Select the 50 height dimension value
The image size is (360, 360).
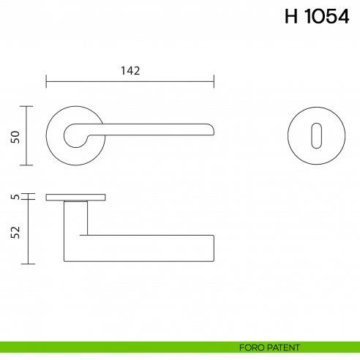pos(15,137)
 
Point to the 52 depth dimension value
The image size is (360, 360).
pos(15,233)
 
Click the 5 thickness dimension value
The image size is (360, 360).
pos(15,197)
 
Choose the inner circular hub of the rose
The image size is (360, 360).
pos(75,135)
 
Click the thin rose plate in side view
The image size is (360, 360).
pos(75,198)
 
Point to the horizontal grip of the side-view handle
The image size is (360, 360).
pos(146,249)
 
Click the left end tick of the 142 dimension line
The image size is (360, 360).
pos(46,80)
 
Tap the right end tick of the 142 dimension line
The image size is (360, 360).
pos(214,80)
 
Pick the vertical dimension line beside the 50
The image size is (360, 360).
pos(28,136)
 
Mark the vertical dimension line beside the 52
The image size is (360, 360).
pos(28,231)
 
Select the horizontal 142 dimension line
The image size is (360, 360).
pos(130,80)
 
